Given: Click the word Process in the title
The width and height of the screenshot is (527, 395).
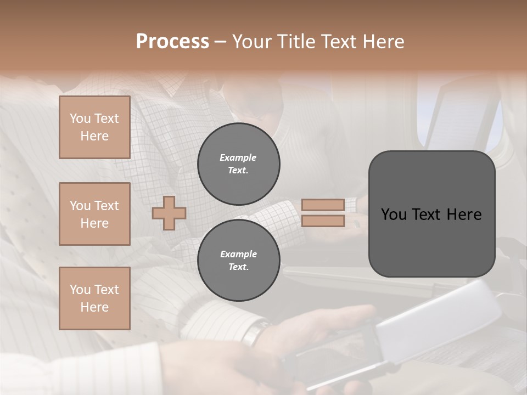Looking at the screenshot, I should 172,42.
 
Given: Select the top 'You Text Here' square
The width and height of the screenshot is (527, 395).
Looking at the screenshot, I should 94,127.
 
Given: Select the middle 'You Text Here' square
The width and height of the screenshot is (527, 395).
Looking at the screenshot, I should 94,214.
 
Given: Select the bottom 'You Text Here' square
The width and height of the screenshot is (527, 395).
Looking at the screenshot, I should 94,298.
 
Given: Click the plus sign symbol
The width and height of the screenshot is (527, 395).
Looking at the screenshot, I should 169,213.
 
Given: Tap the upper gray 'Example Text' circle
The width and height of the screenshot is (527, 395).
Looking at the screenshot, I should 238,164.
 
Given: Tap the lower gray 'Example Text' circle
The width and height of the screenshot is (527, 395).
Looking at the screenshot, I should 238,261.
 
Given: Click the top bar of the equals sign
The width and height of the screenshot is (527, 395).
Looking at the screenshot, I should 323,205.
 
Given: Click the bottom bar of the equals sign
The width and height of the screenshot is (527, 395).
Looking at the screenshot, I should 323,221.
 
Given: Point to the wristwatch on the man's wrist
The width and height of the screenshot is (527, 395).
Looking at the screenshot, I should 255,332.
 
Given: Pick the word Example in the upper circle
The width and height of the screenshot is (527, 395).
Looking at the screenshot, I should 238,157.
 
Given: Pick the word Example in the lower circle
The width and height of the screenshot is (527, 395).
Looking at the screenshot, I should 238,254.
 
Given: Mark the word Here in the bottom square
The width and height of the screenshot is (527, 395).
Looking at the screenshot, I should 94,307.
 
